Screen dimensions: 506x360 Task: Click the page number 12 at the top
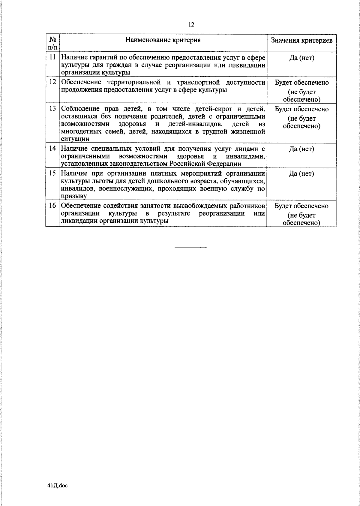[x=191, y=25]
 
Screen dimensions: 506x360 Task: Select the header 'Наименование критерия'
[x=163, y=40]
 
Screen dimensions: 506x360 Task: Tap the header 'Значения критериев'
[x=301, y=41]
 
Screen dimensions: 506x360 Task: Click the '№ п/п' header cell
[x=52, y=43]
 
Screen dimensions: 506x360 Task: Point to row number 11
[x=52, y=57]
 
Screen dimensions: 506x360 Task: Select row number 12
[x=52, y=82]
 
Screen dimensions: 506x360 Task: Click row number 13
[x=52, y=108]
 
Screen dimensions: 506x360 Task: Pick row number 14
[x=52, y=148]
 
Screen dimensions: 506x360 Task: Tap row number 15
[x=52, y=173]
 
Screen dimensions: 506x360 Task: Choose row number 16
[x=52, y=206]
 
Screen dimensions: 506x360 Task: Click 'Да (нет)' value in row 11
[x=301, y=58]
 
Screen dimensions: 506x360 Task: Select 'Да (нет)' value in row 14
[x=301, y=149]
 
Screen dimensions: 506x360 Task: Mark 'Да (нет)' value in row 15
[x=301, y=174]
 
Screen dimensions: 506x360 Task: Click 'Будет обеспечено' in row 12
[x=301, y=83]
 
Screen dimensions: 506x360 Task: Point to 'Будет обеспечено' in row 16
[x=301, y=206]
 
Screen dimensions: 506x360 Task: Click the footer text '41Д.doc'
[x=58, y=485]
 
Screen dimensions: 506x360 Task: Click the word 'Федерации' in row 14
[x=226, y=164]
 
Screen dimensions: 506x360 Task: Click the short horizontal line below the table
[x=190, y=247]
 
